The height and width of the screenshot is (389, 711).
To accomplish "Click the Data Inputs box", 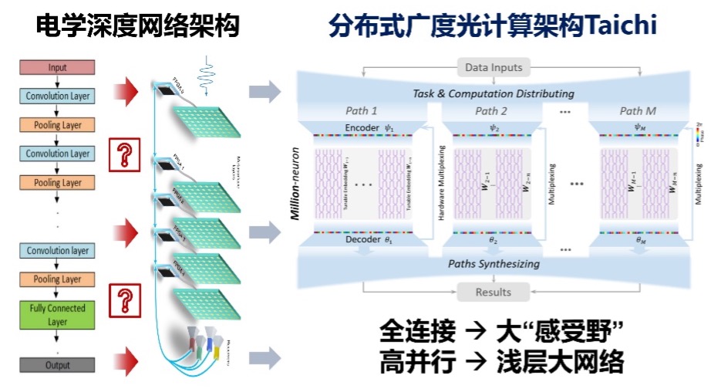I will [494, 68].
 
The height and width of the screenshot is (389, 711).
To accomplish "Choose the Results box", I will [494, 293].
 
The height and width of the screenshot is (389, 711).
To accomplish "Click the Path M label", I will [637, 111].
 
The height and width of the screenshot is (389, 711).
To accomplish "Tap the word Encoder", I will [362, 127].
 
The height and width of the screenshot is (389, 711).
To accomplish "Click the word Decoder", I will [362, 239].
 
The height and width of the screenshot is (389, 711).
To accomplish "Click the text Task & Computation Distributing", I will [493, 93].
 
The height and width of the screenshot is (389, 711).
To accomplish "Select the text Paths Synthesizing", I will [494, 264].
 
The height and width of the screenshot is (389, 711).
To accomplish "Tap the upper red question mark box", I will [121, 155].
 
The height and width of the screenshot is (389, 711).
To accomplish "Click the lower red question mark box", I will [121, 300].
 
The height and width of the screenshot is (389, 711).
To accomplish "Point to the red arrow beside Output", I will [125, 356].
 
